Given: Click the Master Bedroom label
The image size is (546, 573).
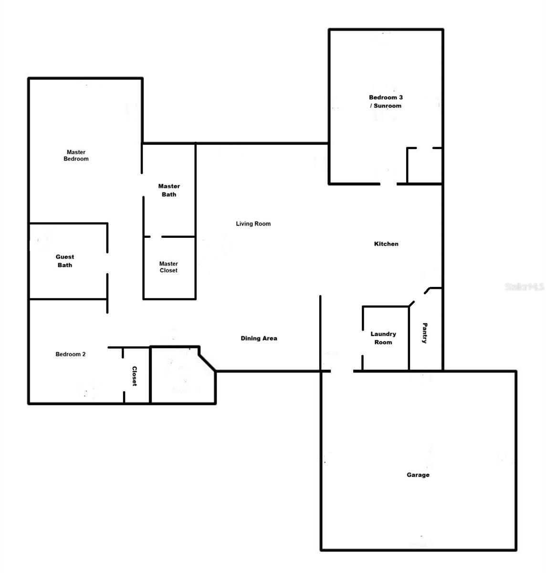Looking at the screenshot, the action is click(76, 155).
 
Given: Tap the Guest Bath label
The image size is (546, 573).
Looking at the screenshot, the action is click(65, 261).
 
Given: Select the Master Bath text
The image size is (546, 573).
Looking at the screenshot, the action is click(169, 190).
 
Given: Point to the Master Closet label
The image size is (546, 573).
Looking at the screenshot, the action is click(168, 267).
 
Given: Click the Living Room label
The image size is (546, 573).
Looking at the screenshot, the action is click(253, 223).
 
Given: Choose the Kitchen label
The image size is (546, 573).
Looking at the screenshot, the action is click(386, 244).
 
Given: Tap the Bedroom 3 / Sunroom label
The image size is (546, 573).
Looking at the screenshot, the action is click(386, 101).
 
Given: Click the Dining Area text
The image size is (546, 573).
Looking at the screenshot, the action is click(259, 338).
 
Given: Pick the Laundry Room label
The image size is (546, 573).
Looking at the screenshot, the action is click(383, 338).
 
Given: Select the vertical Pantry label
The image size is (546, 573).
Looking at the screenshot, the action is click(425, 333).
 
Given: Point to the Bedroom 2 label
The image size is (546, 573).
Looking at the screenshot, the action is click(71, 354).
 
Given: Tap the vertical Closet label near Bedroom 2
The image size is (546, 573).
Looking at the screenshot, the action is click(134, 376).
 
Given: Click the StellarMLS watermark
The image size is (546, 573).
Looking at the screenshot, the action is click(525, 287).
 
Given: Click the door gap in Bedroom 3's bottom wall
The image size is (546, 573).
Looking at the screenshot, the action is click(388, 184).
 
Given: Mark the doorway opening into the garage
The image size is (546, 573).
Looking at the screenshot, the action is click(342, 371).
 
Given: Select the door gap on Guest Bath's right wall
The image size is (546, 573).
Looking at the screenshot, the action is click(107, 263).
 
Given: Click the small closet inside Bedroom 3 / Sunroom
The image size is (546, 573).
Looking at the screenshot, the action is click(424, 166).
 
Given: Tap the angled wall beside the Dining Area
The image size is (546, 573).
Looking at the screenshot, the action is click(208, 363).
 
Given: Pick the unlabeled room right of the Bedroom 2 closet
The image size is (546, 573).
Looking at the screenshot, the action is click(183, 375).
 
